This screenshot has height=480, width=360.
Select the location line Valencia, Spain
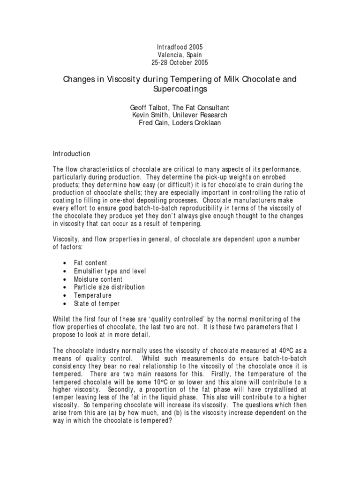coord(180,55)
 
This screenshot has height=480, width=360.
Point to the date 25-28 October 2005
coord(180,62)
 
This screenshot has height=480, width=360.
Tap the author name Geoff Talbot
coord(151,108)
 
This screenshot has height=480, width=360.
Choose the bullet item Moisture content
coord(97,279)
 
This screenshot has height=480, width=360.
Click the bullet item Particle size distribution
coord(109,287)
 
